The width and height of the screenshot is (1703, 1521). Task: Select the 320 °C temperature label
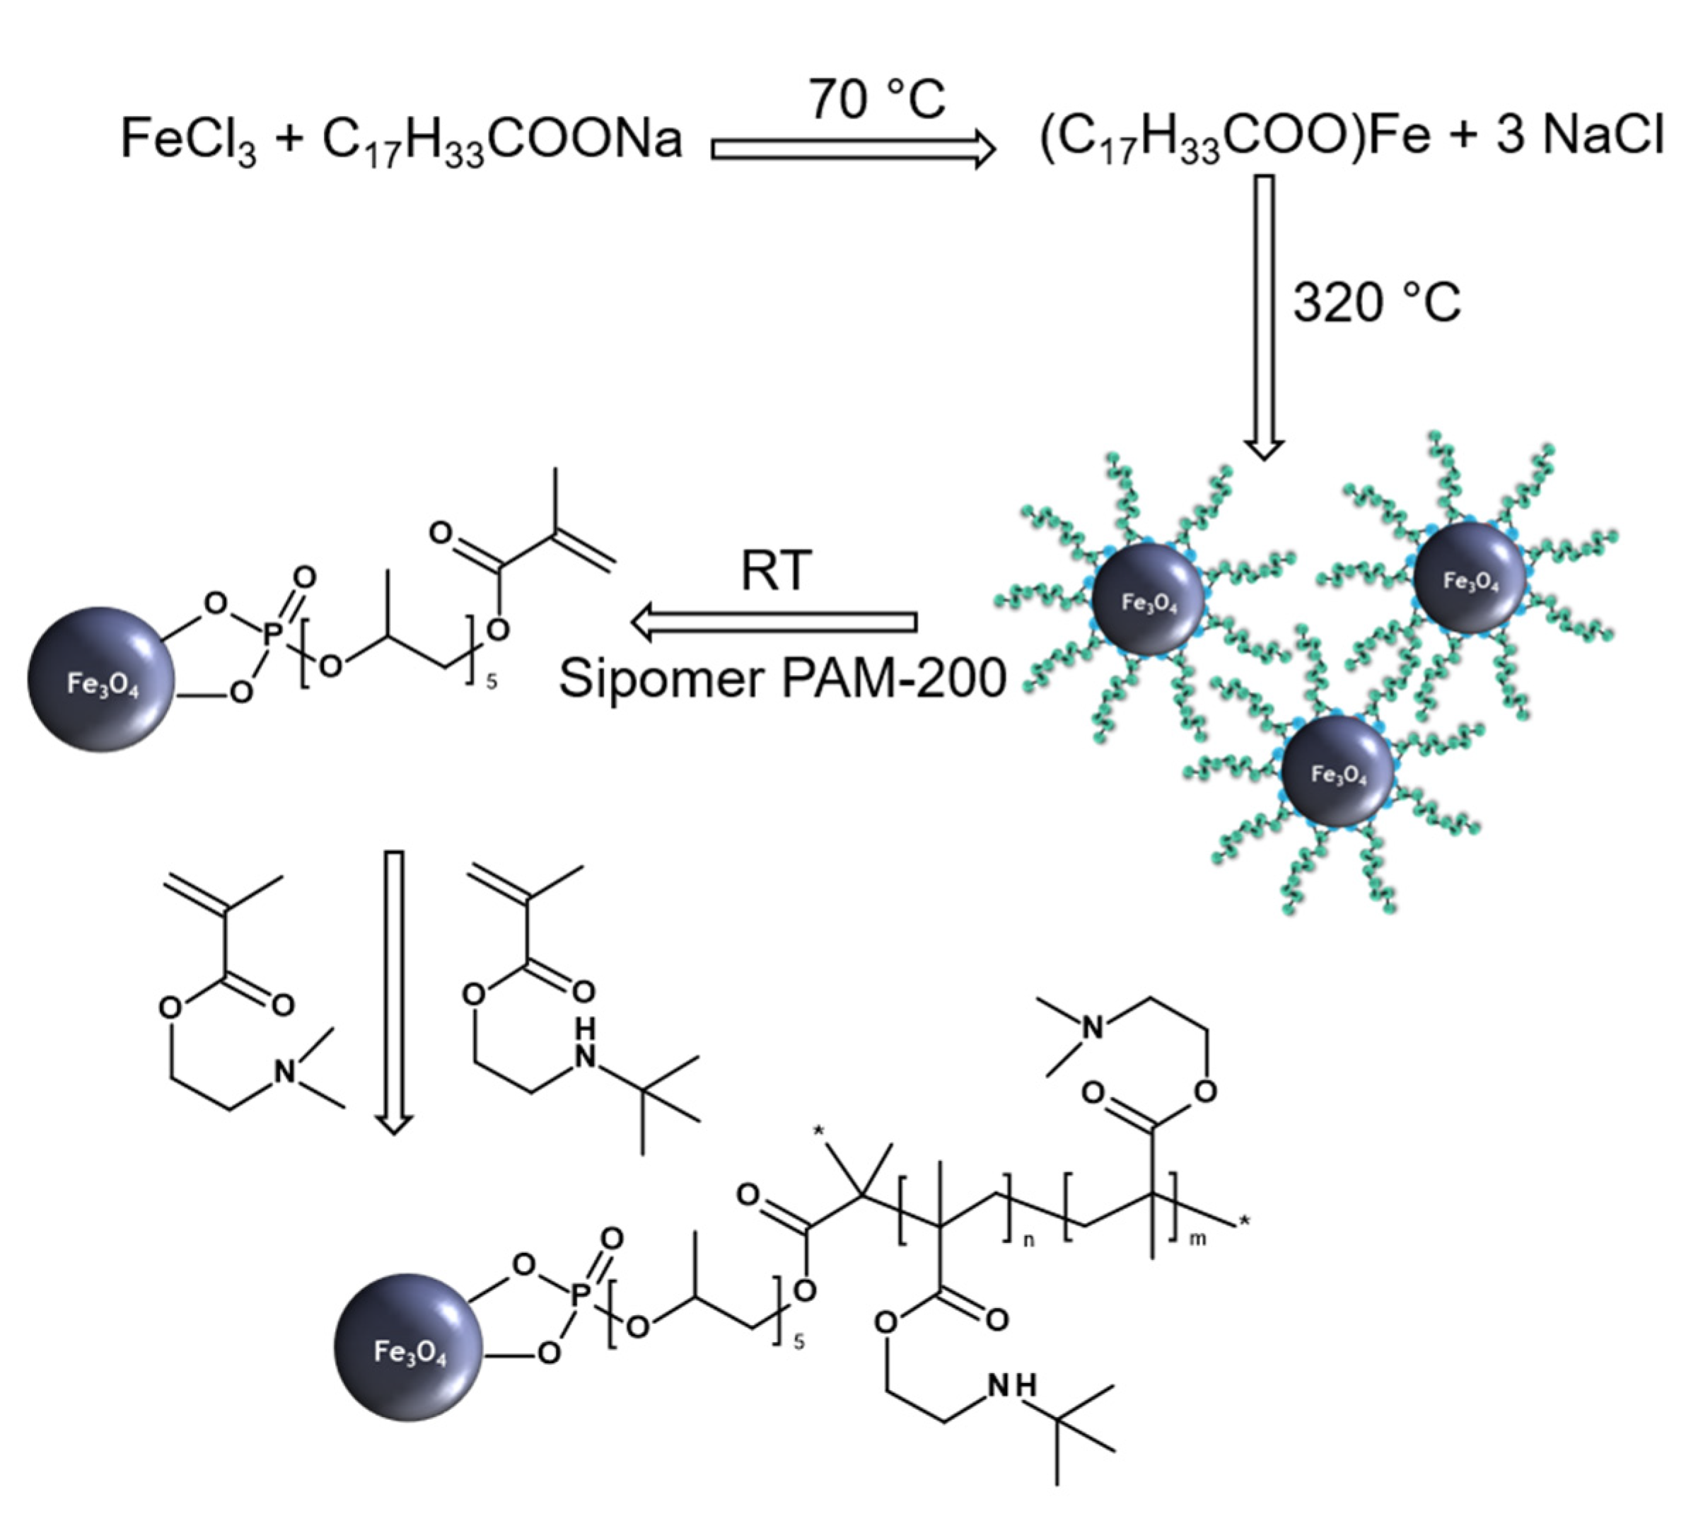coord(1377,303)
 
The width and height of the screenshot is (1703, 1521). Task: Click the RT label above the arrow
coord(775,572)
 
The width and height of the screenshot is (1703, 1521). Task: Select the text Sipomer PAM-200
coord(782,678)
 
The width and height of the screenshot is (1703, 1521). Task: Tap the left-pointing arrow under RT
coord(774,623)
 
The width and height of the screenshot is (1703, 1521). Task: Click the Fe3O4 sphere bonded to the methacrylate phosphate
coord(102,679)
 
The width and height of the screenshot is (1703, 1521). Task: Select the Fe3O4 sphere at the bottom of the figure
coord(409,1347)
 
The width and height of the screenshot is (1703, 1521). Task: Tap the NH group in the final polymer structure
coord(1012,1387)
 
